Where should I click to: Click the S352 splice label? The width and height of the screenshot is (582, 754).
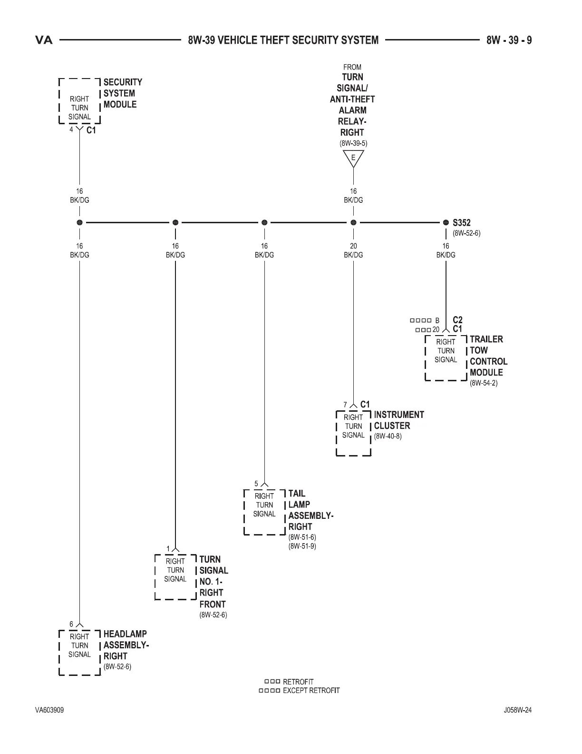click(x=461, y=222)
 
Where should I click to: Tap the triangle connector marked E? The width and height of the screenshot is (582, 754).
click(x=353, y=159)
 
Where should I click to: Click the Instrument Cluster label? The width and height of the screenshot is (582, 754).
click(x=398, y=420)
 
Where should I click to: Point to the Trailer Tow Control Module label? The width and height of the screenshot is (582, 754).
click(x=488, y=356)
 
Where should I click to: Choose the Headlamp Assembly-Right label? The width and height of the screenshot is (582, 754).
click(x=126, y=645)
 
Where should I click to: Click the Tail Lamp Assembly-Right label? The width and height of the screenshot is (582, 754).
click(x=310, y=510)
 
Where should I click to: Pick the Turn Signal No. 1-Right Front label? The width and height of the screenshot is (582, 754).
click(x=213, y=582)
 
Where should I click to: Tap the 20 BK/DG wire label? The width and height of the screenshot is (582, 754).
click(x=353, y=250)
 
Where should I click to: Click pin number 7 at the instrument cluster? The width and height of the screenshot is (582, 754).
click(x=345, y=405)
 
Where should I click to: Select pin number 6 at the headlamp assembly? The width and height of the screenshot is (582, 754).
click(x=71, y=624)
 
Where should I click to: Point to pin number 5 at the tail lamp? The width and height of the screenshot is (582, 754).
click(x=256, y=484)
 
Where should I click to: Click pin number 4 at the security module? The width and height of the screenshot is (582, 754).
click(x=71, y=129)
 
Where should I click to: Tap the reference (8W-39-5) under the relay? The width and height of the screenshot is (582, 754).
click(x=353, y=143)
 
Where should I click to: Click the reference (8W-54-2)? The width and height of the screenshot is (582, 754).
click(x=484, y=383)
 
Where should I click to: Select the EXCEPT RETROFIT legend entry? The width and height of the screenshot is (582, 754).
click(x=311, y=690)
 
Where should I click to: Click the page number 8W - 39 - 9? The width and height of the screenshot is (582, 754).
click(x=509, y=40)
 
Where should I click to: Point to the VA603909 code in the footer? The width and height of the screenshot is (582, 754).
click(x=49, y=710)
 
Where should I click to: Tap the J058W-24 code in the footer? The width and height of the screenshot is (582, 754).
click(x=517, y=710)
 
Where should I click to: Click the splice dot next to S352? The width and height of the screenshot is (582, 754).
click(x=446, y=222)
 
